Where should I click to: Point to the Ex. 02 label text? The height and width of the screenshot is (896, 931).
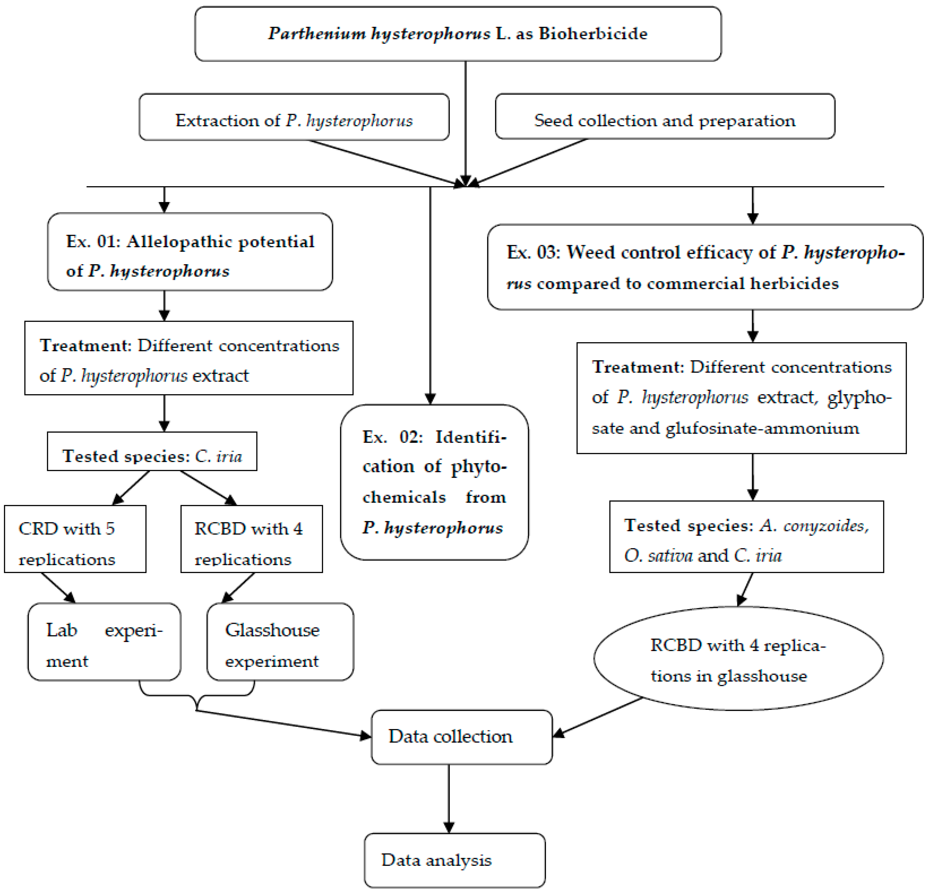392,437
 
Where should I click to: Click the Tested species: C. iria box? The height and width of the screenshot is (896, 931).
152,451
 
